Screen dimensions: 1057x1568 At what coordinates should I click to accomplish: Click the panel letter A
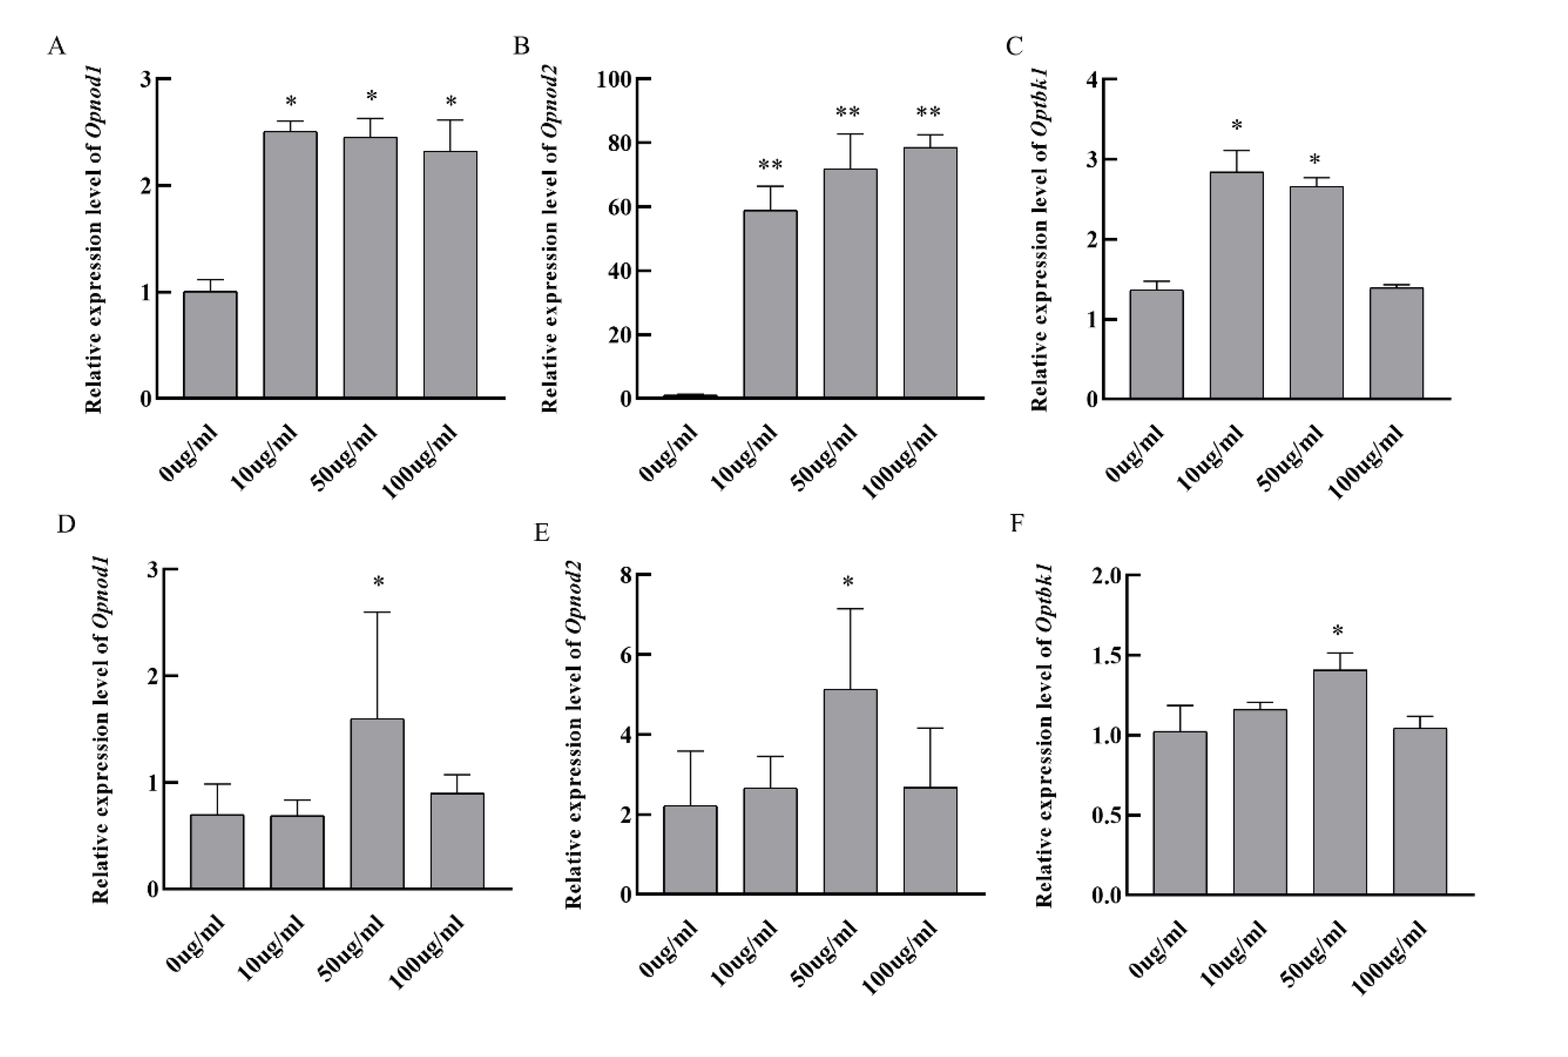tap(57, 47)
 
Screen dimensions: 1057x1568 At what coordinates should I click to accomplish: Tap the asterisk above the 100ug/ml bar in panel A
tap(450, 102)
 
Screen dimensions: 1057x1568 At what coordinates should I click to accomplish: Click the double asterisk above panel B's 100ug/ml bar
tap(928, 112)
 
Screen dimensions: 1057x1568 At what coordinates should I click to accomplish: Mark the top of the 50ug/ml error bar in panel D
tap(377, 612)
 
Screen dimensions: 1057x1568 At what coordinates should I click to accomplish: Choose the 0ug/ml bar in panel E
tap(690, 850)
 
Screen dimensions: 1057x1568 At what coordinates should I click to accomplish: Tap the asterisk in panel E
tap(848, 582)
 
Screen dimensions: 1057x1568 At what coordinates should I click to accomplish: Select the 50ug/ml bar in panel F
tap(1339, 782)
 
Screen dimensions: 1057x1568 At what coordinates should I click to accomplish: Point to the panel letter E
tap(542, 532)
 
